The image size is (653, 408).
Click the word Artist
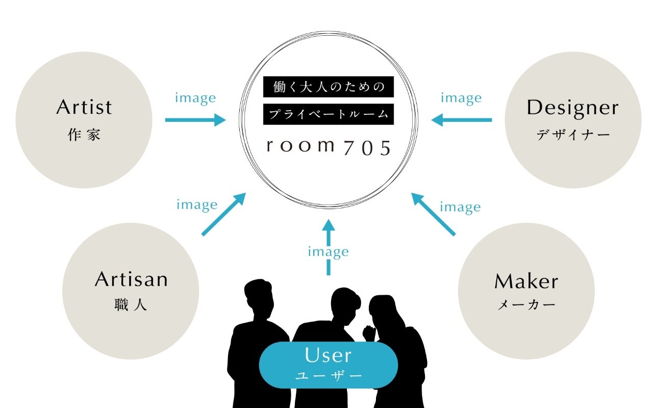point(84,108)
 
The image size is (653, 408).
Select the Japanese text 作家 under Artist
point(84,135)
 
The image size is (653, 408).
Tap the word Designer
point(572,108)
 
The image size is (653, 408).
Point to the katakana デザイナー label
point(573,135)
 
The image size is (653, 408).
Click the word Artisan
point(131,279)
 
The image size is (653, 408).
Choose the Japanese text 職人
point(131,305)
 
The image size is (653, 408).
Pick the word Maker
point(526,281)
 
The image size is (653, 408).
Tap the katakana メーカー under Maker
point(526,305)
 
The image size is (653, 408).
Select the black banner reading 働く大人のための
point(329,87)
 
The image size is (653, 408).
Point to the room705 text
point(329,146)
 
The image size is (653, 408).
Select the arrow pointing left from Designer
point(462,120)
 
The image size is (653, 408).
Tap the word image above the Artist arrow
point(195,98)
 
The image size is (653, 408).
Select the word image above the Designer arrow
point(461,98)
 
